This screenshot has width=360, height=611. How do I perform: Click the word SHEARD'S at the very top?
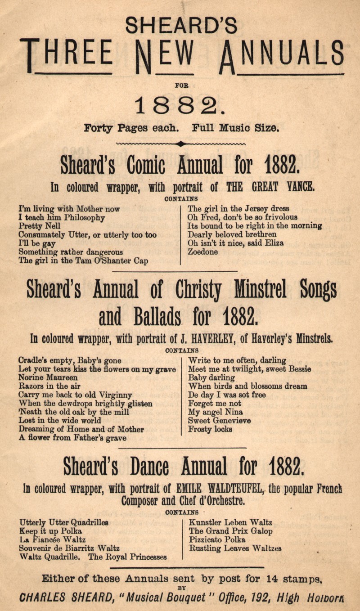pos(181,25)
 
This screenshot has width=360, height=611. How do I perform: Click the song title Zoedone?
pos(202,252)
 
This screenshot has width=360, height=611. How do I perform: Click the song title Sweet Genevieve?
pos(220,420)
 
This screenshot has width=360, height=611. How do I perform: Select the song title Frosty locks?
pos(210,429)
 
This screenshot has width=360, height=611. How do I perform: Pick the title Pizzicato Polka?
pos(217,539)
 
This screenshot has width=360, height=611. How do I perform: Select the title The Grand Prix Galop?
pos(230,531)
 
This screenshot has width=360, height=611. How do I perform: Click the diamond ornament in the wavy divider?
pos(180,144)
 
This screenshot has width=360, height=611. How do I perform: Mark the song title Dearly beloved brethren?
pos(232,235)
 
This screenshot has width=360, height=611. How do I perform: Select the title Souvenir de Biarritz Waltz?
pos(69,548)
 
